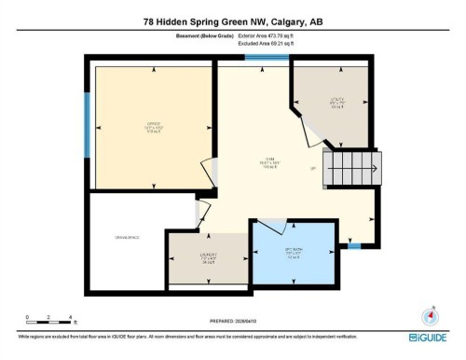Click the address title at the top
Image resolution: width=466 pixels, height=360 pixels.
pyautogui.click(x=232, y=21)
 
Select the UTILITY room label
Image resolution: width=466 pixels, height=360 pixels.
pyautogui.click(x=334, y=103)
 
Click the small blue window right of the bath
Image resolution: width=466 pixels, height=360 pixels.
pyautogui.click(x=353, y=246)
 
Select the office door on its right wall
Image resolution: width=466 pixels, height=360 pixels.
pyautogui.click(x=215, y=172)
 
